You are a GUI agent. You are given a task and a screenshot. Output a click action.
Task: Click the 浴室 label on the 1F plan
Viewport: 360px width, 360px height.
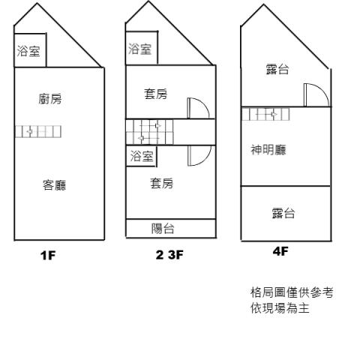click(x=28, y=51)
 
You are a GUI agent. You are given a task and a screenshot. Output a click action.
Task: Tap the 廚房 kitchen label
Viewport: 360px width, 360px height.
click(x=50, y=98)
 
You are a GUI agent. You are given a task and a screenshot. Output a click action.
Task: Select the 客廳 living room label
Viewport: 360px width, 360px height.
click(x=55, y=185)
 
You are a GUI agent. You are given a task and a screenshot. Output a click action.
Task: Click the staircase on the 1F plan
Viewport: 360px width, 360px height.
click(x=38, y=131)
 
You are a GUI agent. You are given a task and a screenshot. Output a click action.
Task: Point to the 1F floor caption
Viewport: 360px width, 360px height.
click(x=48, y=255)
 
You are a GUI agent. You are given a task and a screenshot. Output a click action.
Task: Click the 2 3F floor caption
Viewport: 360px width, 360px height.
click(x=169, y=255)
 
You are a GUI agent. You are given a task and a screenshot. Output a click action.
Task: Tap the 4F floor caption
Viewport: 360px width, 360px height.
click(x=280, y=251)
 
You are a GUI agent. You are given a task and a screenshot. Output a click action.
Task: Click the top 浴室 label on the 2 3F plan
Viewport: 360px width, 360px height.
click(x=140, y=49)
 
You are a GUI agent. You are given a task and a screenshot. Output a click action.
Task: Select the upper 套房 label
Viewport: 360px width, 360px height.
click(x=155, y=94)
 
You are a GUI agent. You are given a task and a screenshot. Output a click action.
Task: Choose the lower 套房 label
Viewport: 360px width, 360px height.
click(x=161, y=183)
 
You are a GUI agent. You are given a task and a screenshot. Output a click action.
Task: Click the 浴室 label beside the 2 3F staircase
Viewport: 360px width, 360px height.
click(x=142, y=156)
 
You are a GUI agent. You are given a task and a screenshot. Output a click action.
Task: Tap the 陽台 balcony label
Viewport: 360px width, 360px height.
click(x=163, y=229)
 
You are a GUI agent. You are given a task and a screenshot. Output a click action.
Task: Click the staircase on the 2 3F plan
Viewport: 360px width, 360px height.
click(x=149, y=132)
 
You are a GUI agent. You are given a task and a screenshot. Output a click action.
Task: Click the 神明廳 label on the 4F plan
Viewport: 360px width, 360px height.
click(x=268, y=150)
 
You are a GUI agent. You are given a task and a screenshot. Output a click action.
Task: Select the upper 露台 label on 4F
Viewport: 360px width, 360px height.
click(x=277, y=69)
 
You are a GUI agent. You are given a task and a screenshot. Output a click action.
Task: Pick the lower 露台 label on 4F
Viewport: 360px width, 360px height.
click(x=283, y=213)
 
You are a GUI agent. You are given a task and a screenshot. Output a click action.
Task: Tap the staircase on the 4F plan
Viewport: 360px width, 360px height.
click(x=266, y=114)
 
